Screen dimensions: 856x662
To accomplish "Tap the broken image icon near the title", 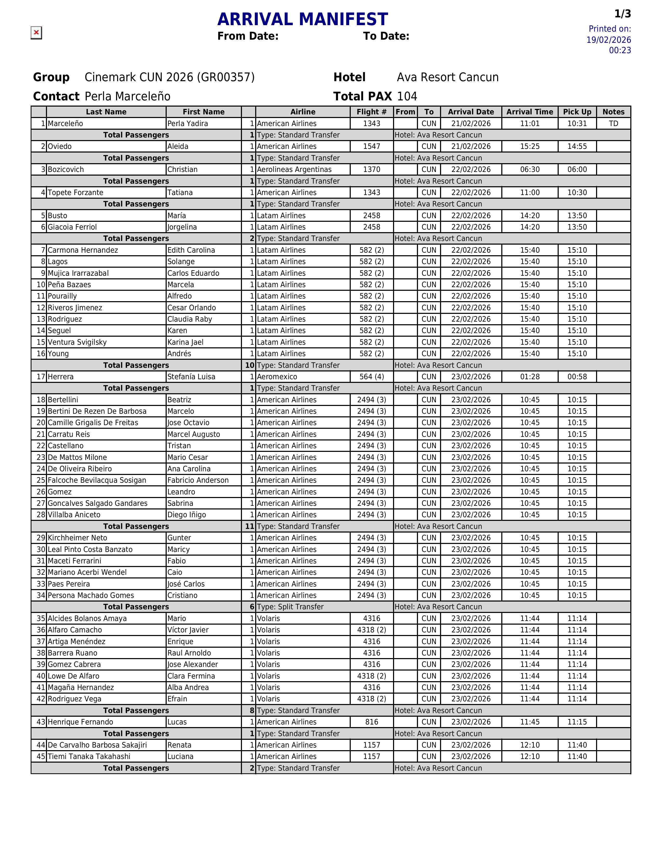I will (x=36, y=32).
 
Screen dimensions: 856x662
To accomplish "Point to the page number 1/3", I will (x=622, y=14).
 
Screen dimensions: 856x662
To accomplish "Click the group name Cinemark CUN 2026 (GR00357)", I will (x=170, y=77).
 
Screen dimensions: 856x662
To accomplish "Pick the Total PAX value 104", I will (x=407, y=96).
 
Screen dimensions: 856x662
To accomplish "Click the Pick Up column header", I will (x=577, y=112).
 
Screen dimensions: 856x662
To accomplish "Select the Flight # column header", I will (x=371, y=112).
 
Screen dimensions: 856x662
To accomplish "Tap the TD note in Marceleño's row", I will (x=613, y=123).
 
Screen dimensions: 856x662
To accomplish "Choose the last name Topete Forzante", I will (x=75, y=192).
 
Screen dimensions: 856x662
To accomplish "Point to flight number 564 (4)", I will (x=371, y=377).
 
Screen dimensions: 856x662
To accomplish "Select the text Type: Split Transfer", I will (x=290, y=607).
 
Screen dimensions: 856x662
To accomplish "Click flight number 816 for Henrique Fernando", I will (x=371, y=722).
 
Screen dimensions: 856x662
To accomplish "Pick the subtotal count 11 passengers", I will (x=249, y=526).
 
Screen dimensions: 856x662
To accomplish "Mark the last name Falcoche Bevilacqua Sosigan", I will (x=97, y=480).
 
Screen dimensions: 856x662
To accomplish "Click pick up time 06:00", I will (x=577, y=169).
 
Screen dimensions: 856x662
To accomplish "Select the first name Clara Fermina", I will (x=191, y=676).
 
